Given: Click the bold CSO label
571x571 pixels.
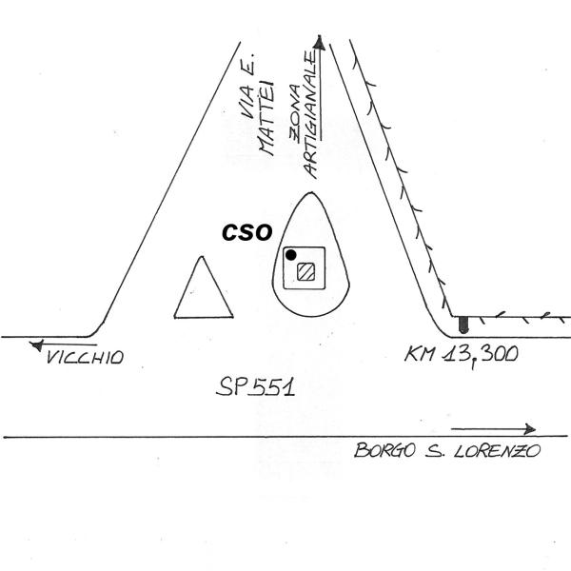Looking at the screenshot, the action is pyautogui.click(x=246, y=233).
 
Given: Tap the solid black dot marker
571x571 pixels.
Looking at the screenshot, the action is pyautogui.click(x=290, y=255).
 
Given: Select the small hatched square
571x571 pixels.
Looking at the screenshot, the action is pyautogui.click(x=305, y=271).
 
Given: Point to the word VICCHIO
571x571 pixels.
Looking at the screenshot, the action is pyautogui.click(x=86, y=357).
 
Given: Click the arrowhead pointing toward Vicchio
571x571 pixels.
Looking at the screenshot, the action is pyautogui.click(x=36, y=345).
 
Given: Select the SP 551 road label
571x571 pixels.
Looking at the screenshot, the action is pyautogui.click(x=255, y=387).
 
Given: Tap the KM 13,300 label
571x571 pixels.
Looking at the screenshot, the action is pyautogui.click(x=461, y=354).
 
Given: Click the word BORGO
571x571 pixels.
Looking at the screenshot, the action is pyautogui.click(x=384, y=450).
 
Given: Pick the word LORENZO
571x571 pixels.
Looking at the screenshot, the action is pyautogui.click(x=498, y=451).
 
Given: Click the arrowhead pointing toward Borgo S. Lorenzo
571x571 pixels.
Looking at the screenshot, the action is pyautogui.click(x=530, y=429).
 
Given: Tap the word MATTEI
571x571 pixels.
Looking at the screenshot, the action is pyautogui.click(x=266, y=117).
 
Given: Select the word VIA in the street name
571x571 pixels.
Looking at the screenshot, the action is pyautogui.click(x=247, y=102).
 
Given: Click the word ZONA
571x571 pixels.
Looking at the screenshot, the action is pyautogui.click(x=295, y=113).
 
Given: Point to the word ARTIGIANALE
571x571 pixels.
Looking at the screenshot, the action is pyautogui.click(x=311, y=114).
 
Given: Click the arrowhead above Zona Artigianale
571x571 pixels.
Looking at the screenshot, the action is pyautogui.click(x=320, y=43).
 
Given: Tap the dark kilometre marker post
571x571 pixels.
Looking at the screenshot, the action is pyautogui.click(x=463, y=325).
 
